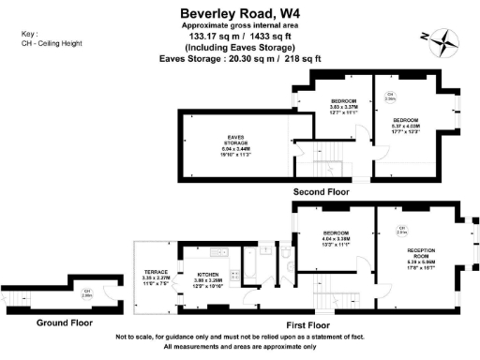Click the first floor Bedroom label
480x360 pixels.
pyautogui.click(x=337, y=238)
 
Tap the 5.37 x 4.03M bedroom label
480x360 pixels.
pyautogui.click(x=407, y=127)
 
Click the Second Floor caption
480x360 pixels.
pyautogui.click(x=322, y=191)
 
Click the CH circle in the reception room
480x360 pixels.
pyautogui.click(x=401, y=230)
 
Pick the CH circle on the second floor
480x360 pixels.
pyautogui.click(x=388, y=94)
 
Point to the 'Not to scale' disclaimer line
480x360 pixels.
pyautogui.click(x=239, y=337)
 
